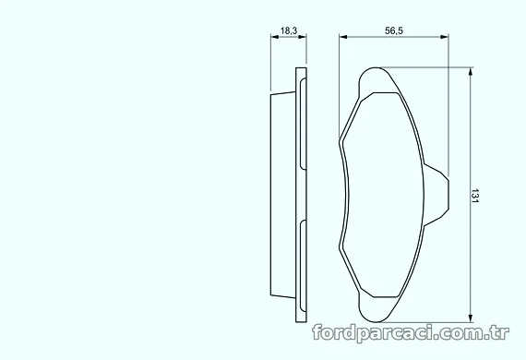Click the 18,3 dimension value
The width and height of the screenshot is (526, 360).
coord(289,30)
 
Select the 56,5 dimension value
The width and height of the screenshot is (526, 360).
coord(394,30)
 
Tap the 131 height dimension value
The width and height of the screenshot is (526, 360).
coord(474,196)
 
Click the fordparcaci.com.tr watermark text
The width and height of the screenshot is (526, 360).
coord(411,332)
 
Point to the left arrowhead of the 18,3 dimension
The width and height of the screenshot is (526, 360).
coord(275,37)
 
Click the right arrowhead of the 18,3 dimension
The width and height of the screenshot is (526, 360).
coord(303,37)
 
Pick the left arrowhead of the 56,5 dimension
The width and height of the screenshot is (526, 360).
coord(343,37)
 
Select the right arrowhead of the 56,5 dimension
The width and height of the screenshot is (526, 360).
coord(445,37)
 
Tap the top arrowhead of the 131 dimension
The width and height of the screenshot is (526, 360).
coord(471,71)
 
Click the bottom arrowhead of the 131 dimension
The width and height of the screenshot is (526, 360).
coord(471,318)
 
